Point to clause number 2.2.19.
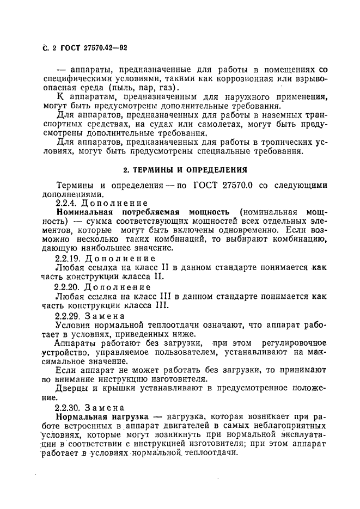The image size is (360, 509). pyautogui.click(x=70, y=258)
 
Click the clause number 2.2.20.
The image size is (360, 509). pyautogui.click(x=70, y=286)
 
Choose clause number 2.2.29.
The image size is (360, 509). pyautogui.click(x=70, y=315)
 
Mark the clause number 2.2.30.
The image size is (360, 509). pyautogui.click(x=70, y=408)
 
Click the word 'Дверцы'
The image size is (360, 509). pyautogui.click(x=72, y=388)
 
